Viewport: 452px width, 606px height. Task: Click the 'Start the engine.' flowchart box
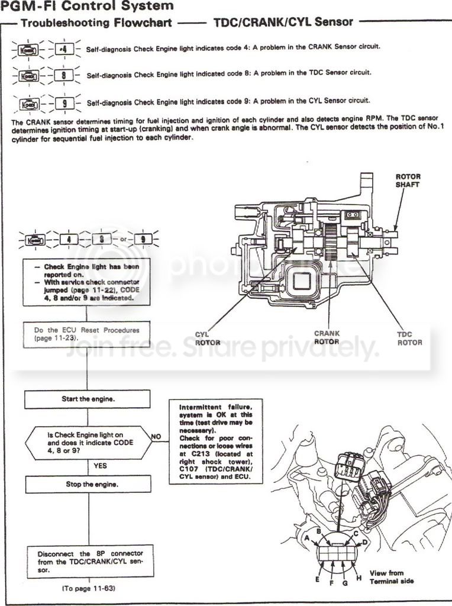click(88, 399)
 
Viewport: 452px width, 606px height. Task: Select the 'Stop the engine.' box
click(88, 484)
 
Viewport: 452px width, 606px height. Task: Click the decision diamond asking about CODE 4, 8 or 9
click(88, 442)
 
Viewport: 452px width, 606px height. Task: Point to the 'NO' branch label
click(156, 437)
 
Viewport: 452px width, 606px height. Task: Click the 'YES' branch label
click(101, 466)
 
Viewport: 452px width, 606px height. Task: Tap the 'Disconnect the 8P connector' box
click(88, 562)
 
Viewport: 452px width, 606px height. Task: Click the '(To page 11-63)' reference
click(88, 589)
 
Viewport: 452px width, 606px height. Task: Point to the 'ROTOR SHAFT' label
click(408, 180)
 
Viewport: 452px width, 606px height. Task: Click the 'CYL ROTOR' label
click(207, 339)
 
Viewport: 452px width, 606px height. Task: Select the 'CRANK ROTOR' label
click(327, 337)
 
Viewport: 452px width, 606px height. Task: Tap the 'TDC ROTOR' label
click(409, 339)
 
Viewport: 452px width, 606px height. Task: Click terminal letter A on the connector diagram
click(307, 537)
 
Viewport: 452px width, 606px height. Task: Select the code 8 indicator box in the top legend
click(63, 75)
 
